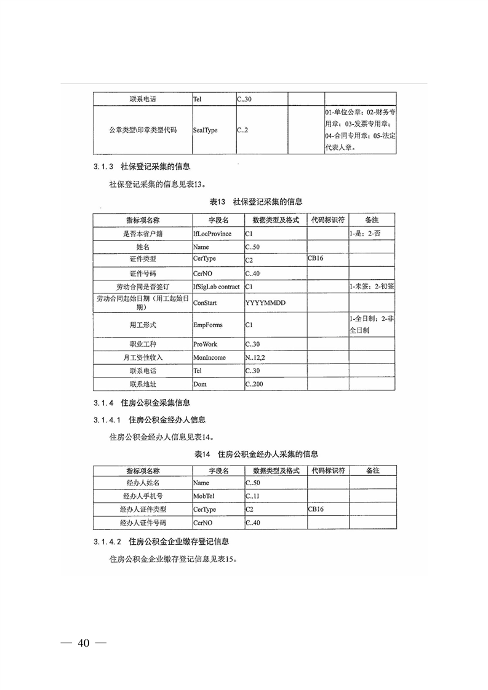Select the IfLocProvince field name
tap(212, 234)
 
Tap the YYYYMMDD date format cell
tap(265, 303)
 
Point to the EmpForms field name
tap(208, 325)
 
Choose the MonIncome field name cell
tap(209, 357)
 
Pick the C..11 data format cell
tap(253, 496)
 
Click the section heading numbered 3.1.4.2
tap(161, 542)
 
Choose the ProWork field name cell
tap(206, 344)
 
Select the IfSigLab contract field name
tap(216, 287)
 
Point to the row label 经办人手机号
tap(142, 496)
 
